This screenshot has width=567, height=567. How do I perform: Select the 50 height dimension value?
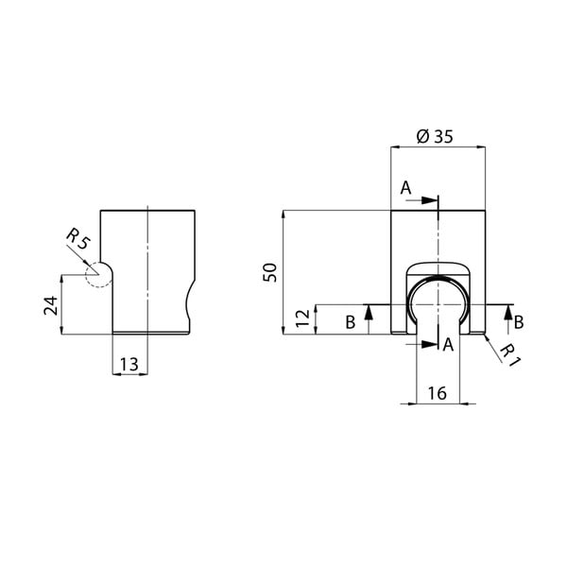[x=270, y=272]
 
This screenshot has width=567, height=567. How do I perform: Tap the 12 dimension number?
[x=302, y=318]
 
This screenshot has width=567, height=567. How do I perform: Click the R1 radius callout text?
[x=509, y=353]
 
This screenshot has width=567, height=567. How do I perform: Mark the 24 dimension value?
[x=50, y=304]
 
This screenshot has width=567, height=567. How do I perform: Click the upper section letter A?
[x=404, y=188]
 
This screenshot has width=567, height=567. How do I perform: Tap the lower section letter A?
[x=448, y=346]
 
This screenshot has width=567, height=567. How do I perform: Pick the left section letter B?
[x=350, y=323]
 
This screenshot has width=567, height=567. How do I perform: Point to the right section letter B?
[x=519, y=323]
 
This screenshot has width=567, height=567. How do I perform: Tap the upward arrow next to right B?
[x=509, y=312]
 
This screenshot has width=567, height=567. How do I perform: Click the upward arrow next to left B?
[x=369, y=312]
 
